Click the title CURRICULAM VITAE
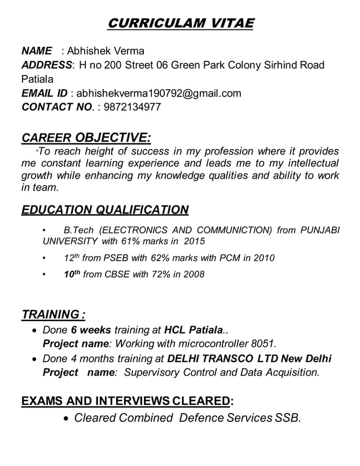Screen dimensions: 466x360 [181, 23]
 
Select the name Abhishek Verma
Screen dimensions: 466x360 [106, 51]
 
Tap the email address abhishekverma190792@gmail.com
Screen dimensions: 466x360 [159, 93]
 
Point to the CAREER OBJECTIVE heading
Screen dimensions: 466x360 [86, 138]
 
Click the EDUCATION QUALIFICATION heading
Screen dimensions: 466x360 [104, 210]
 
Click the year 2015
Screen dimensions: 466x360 [194, 241]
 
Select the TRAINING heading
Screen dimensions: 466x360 [53, 314]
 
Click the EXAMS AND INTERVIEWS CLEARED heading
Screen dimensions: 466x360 [125, 401]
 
